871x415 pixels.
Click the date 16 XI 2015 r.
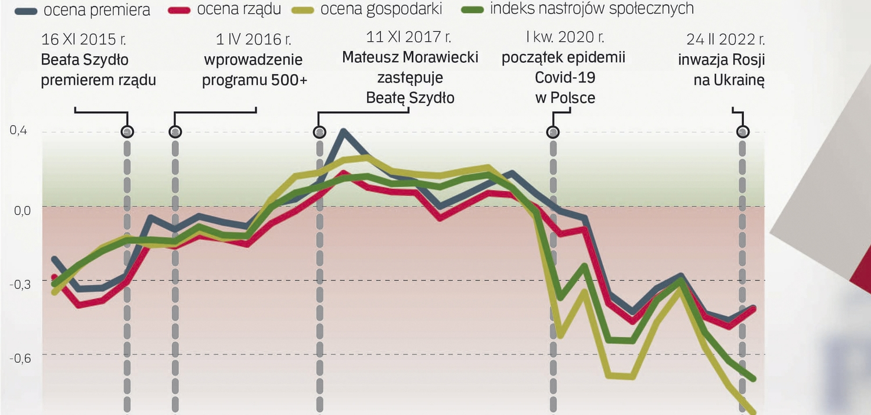click(x=84, y=40)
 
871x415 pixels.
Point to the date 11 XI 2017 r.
click(x=409, y=38)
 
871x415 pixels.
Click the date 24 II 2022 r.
click(x=725, y=40)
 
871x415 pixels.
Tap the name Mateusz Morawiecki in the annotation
click(x=410, y=57)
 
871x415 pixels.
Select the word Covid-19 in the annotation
click(x=565, y=78)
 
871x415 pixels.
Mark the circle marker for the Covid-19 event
click(x=553, y=132)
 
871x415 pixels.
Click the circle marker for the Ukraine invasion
click(x=743, y=132)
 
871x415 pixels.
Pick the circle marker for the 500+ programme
click(x=175, y=132)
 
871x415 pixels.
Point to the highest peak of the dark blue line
click(x=344, y=131)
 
